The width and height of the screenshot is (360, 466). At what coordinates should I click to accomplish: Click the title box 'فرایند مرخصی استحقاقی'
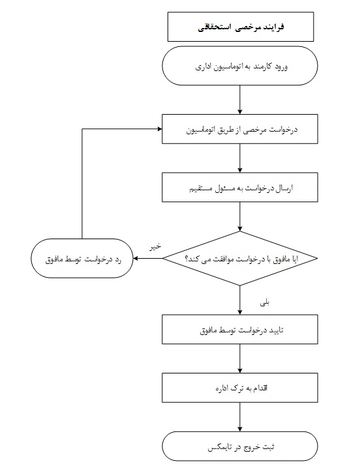[x=241, y=27]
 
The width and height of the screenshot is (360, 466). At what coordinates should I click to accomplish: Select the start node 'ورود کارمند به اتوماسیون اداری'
[x=239, y=66]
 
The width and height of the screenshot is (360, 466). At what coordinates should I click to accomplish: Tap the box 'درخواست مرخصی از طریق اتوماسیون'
[x=239, y=129]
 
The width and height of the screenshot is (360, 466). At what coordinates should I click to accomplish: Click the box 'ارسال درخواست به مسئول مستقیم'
[x=239, y=187]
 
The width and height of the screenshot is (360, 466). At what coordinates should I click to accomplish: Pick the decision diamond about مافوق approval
[x=239, y=259]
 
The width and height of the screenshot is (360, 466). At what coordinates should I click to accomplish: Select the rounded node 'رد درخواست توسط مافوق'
[x=82, y=259]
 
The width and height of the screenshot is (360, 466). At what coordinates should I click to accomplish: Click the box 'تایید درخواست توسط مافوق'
[x=239, y=329]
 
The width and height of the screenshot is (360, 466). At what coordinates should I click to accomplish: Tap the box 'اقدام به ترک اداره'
[x=239, y=388]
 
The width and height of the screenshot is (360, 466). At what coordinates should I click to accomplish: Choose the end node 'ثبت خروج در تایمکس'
[x=239, y=446]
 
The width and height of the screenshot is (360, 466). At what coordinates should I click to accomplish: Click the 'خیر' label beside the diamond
[x=155, y=246]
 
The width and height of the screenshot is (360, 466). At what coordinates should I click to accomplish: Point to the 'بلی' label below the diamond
[x=265, y=303]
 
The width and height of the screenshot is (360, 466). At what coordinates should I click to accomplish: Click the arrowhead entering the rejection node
[x=136, y=259]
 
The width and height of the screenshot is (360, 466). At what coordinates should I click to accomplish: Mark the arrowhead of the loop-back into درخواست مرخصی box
[x=160, y=129]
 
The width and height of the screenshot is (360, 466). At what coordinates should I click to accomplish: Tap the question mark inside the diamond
[x=187, y=259]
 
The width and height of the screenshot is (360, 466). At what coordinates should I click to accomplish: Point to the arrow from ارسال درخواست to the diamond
[x=239, y=216]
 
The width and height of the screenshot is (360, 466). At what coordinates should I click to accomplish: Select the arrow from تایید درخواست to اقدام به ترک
[x=239, y=358]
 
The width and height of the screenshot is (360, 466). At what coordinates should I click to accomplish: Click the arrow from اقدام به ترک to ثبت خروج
[x=239, y=417]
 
